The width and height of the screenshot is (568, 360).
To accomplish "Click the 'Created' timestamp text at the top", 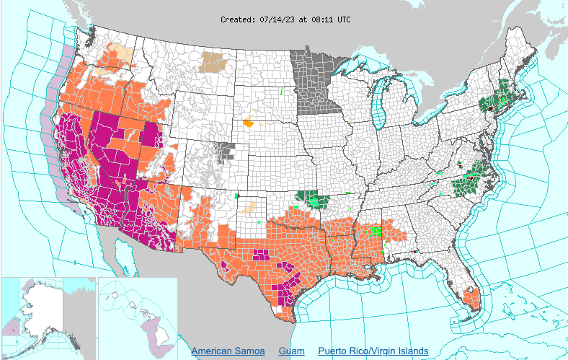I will coord(285,19).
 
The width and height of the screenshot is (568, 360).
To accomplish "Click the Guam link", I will coord(291,351).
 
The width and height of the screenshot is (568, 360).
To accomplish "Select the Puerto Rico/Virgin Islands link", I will coord(373,351).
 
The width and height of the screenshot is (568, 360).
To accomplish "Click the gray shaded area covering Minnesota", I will coord(314,79).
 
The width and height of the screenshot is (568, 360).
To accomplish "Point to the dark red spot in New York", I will coord(491,107).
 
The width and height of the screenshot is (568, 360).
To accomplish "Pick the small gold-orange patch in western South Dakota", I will coord(249,123).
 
